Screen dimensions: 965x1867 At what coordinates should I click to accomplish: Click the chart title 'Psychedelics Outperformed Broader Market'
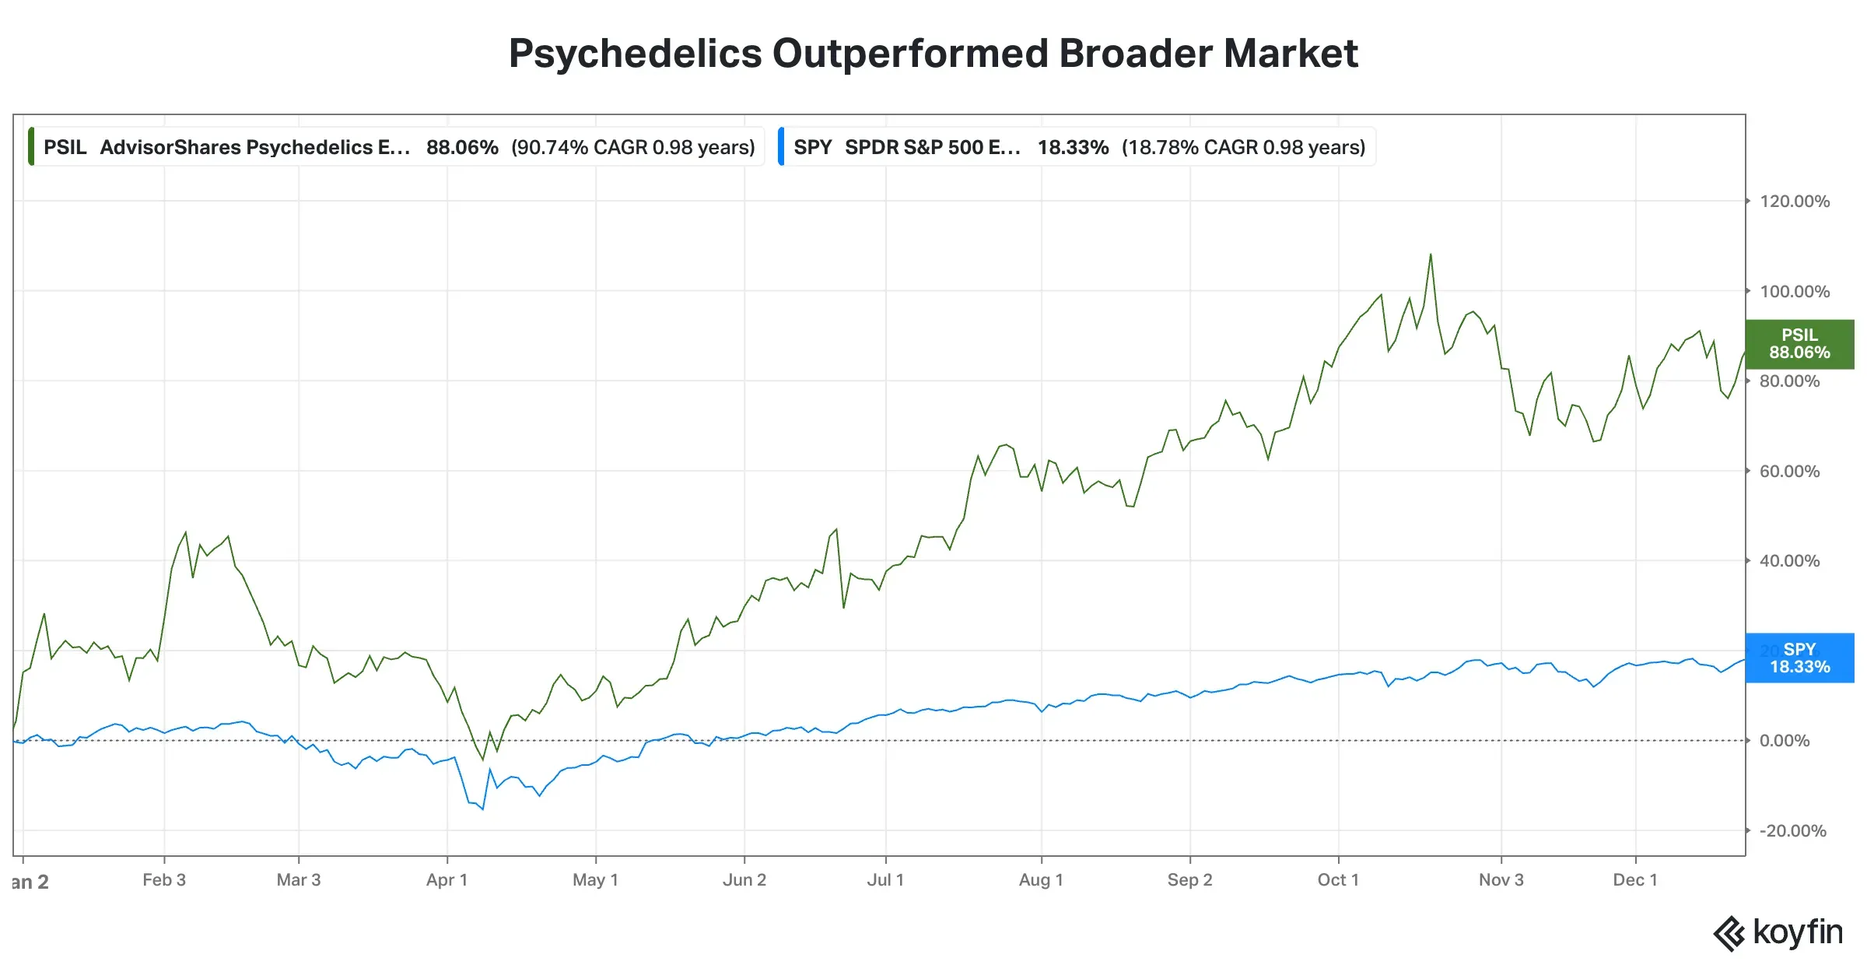933,54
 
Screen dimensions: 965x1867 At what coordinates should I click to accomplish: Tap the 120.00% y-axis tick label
1794,202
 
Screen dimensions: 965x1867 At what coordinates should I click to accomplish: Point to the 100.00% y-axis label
1794,292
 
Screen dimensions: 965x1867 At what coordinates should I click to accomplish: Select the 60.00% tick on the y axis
1789,472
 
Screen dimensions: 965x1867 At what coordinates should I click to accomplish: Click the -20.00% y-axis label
1792,831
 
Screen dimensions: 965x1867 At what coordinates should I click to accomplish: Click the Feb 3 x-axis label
164,880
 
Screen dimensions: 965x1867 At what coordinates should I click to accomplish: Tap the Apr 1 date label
447,880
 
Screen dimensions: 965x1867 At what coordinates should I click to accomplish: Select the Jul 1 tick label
885,880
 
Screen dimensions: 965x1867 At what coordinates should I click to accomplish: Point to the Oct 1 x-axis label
1338,880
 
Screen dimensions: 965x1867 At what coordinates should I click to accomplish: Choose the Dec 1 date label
1635,880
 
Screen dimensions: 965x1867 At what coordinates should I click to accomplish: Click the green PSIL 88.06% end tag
1799,344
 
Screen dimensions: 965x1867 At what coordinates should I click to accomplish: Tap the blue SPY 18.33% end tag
1799,658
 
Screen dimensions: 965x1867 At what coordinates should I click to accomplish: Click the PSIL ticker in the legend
65,148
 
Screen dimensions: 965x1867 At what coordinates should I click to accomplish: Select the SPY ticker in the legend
812,148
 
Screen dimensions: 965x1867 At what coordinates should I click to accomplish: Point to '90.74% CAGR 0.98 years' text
632,148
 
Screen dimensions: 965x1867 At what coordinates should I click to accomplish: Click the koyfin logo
1778,933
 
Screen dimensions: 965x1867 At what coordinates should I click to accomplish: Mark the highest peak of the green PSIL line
1431,254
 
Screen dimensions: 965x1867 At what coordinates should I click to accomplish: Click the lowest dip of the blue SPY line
483,809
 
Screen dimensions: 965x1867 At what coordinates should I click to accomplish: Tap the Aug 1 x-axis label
1041,880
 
